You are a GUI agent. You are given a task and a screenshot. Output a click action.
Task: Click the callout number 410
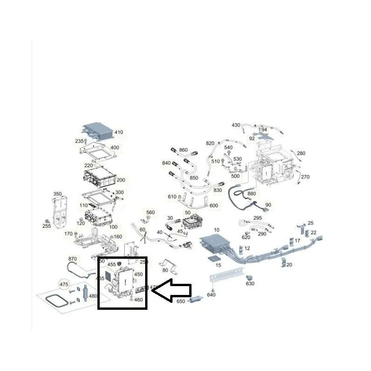click(x=118, y=133)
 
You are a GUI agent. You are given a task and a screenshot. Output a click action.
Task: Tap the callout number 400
click(x=115, y=148)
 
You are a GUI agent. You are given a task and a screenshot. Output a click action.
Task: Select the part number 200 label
click(x=121, y=180)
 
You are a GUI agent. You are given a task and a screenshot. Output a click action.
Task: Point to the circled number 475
click(x=64, y=284)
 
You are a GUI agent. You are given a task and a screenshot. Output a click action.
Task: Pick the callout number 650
click(x=181, y=301)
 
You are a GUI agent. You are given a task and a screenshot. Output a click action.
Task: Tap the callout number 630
click(x=250, y=283)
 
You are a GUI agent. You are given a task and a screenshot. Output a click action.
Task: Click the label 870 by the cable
click(x=72, y=259)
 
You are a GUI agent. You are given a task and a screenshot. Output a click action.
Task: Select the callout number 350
click(x=58, y=194)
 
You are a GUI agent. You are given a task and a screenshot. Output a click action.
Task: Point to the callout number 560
click(x=150, y=212)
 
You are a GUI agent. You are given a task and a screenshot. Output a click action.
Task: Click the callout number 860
click(x=183, y=150)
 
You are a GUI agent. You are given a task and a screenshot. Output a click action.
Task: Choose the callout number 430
click(x=236, y=125)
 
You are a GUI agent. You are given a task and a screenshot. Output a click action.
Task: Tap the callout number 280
click(x=301, y=154)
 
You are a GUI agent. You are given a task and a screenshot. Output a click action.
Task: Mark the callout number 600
click(x=214, y=206)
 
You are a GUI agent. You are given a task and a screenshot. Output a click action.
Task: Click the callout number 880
click(x=252, y=193)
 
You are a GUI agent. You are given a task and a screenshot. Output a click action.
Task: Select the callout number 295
click(x=258, y=218)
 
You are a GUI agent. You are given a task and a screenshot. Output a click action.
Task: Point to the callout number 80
click(x=165, y=270)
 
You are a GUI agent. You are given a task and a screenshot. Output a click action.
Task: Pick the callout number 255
click(x=46, y=226)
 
